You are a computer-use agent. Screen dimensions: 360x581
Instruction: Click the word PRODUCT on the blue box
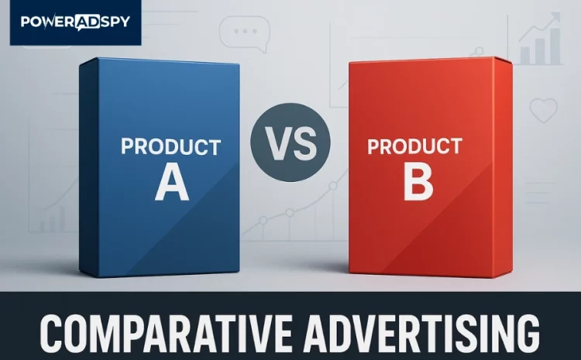pos(171,147)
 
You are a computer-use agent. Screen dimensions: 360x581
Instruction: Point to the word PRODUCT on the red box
pos(415,145)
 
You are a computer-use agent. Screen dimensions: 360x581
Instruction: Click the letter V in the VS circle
pos(277,142)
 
